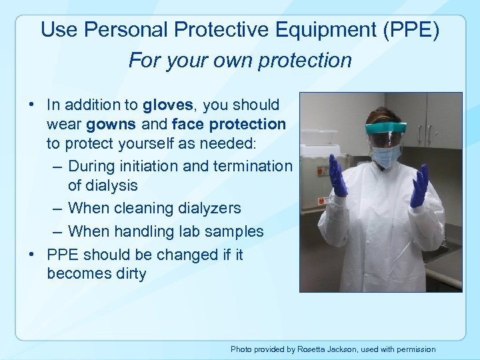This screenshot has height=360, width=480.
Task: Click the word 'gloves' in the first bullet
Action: tap(167, 105)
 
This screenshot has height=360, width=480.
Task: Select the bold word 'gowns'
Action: tap(111, 124)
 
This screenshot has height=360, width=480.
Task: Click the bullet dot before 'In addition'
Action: tap(31, 105)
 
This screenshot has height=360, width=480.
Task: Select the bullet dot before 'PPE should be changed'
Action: tap(31, 255)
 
